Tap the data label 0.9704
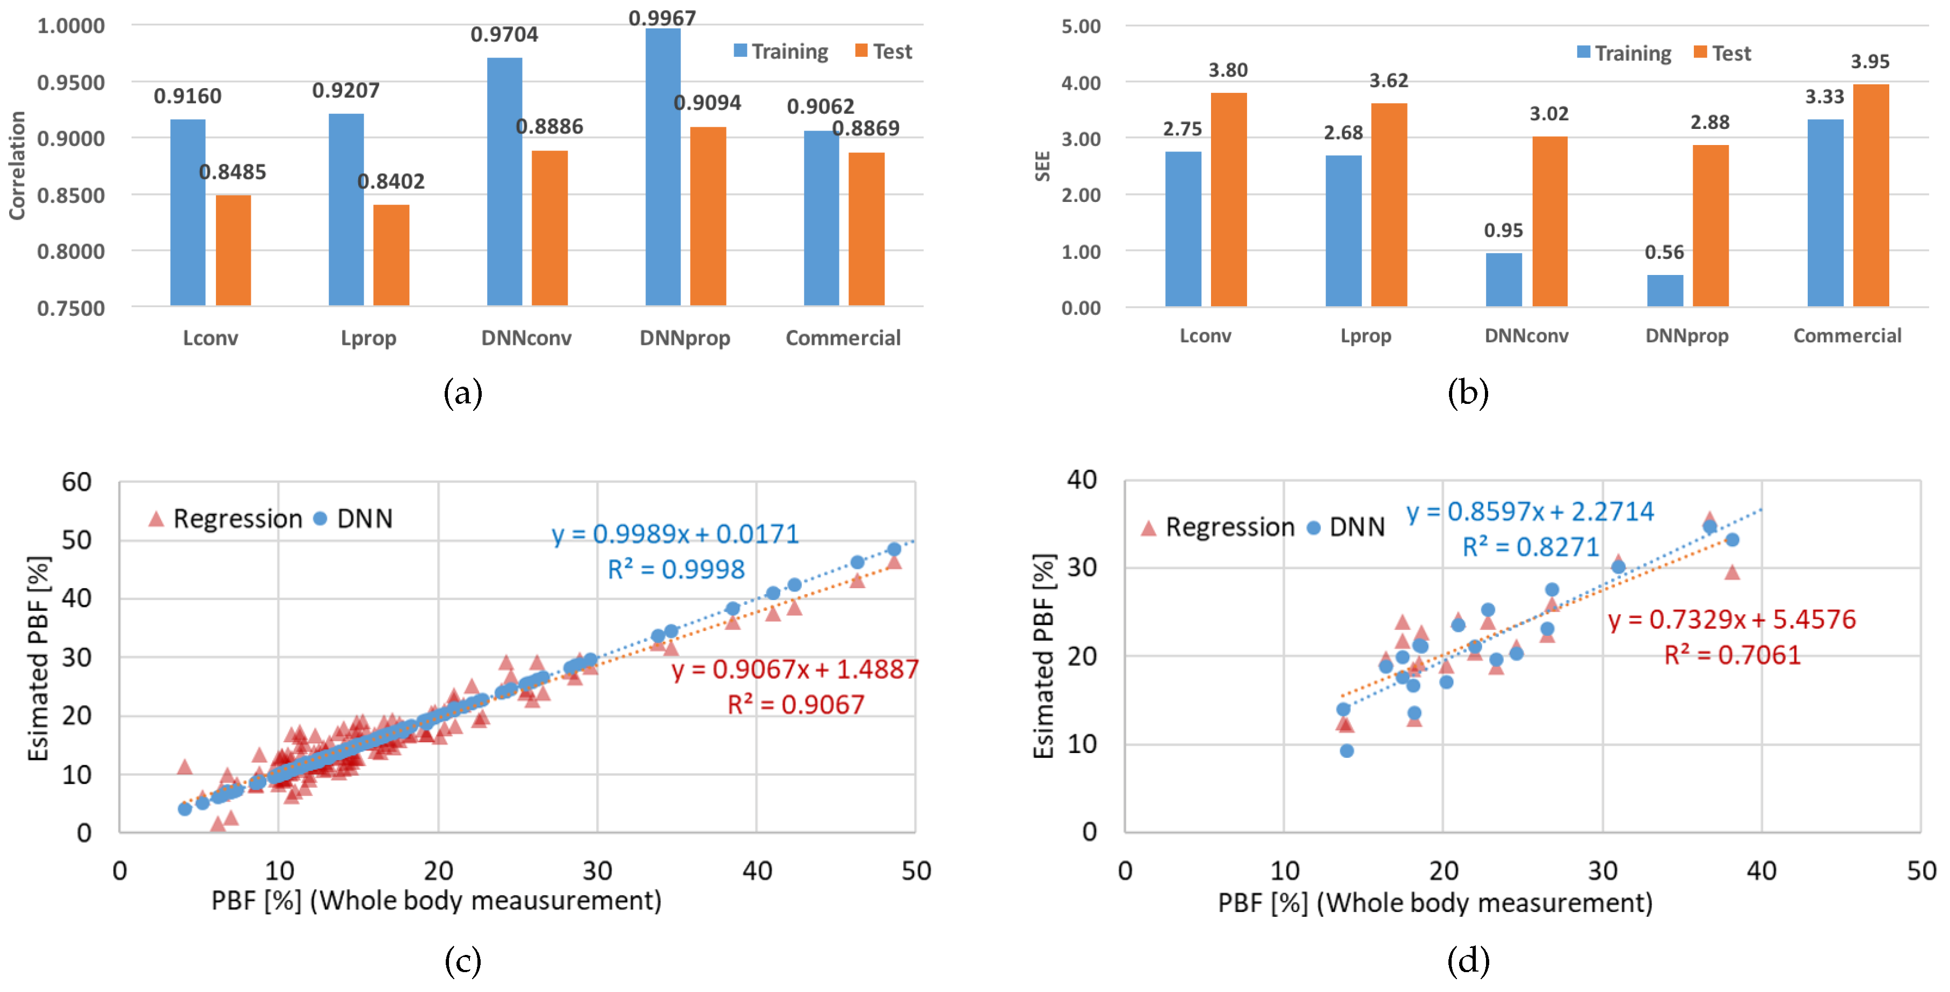[x=504, y=35]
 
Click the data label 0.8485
[x=233, y=172]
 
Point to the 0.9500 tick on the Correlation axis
[x=71, y=83]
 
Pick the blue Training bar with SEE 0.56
[x=1665, y=291]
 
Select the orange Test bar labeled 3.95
[x=1871, y=195]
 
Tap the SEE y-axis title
[x=1042, y=166]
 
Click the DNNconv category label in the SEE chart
[x=1526, y=336]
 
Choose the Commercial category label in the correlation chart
[x=843, y=338]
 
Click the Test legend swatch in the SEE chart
[x=1700, y=52]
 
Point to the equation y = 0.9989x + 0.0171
[x=675, y=534]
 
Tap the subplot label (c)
[x=462, y=962]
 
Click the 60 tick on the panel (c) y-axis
[x=76, y=482]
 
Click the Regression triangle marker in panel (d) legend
[x=1148, y=528]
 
